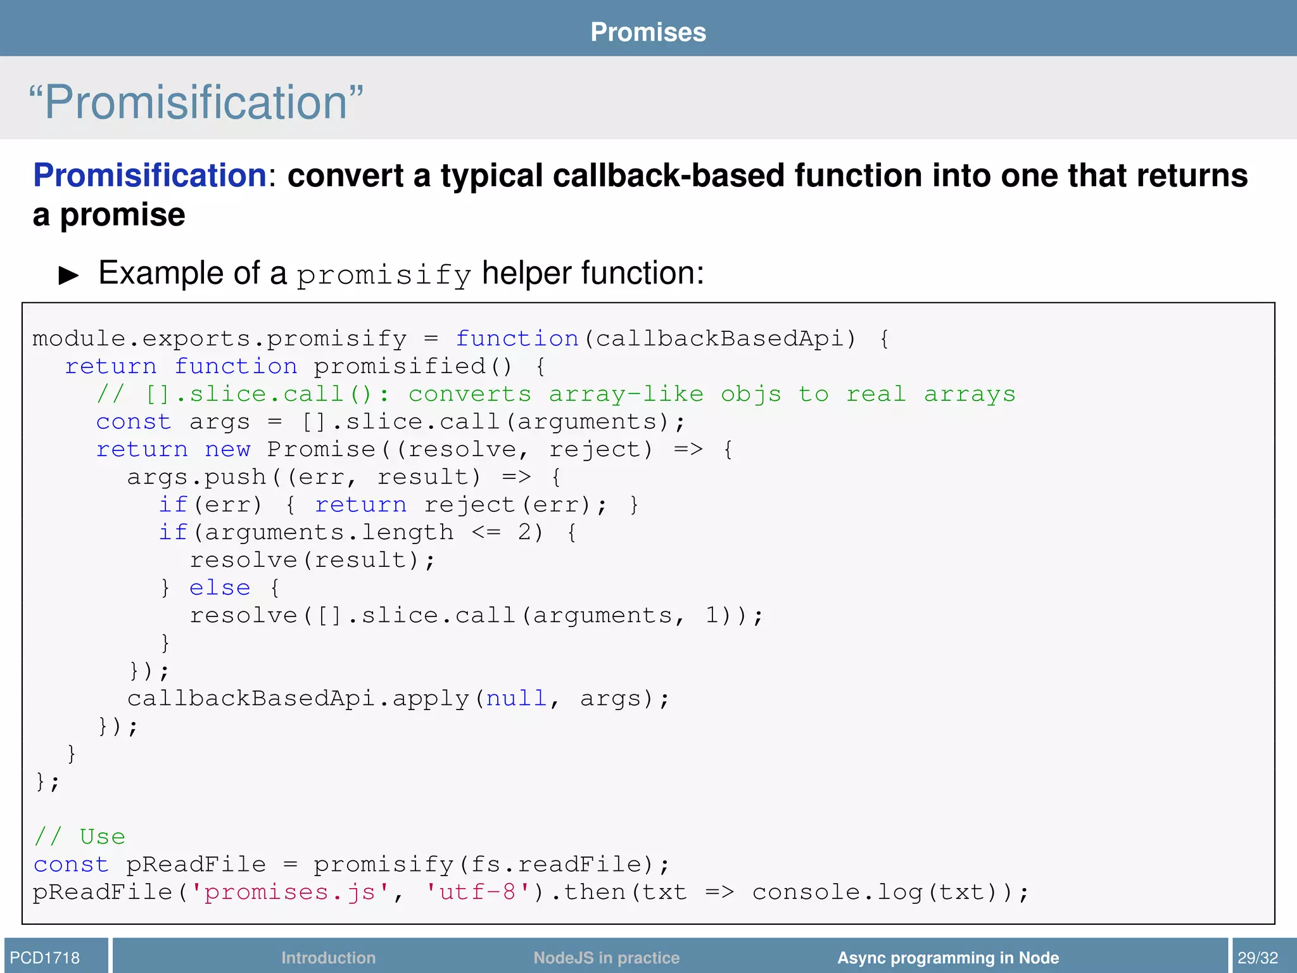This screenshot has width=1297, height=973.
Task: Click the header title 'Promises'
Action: tap(648, 32)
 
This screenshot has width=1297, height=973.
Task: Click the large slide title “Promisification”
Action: tap(196, 102)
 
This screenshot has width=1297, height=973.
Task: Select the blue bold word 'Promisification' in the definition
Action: tap(150, 175)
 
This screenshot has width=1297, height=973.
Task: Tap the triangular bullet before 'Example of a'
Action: tap(68, 275)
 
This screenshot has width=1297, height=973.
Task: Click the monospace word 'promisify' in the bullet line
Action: tap(384, 275)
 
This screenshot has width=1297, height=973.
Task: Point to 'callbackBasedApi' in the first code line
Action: tap(721, 339)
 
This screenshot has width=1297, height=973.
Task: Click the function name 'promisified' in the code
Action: tap(400, 367)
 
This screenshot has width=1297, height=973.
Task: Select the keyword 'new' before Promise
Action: tap(227, 450)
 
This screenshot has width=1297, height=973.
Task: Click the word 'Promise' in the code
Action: tap(321, 450)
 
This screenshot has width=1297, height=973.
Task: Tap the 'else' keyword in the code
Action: tap(220, 588)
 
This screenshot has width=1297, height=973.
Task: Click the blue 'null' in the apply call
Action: tap(516, 699)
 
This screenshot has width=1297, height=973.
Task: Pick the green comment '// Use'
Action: tap(80, 837)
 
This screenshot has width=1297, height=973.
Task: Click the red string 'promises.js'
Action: tap(290, 893)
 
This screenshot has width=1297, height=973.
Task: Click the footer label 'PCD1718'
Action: tap(45, 958)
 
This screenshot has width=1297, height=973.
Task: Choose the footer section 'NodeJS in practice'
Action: tap(606, 958)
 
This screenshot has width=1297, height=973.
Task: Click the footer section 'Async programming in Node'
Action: tap(948, 958)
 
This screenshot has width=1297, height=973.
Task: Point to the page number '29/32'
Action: tap(1258, 958)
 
